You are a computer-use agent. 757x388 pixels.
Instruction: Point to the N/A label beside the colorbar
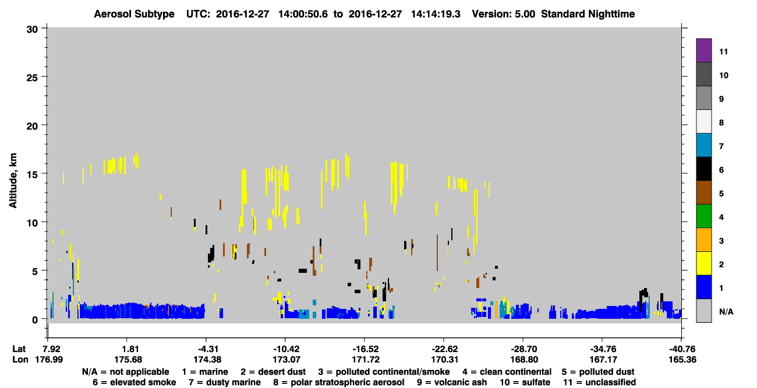[x=726, y=312]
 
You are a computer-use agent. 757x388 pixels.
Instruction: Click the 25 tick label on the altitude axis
[x=32, y=78]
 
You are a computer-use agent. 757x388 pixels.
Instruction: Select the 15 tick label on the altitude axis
[x=32, y=175]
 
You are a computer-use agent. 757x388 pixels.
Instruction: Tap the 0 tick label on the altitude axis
[x=35, y=320]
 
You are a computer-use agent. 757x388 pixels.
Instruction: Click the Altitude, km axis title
[x=13, y=181]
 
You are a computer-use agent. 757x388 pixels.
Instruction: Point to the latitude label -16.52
[x=365, y=349]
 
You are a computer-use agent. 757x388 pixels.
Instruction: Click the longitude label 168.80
[x=524, y=359]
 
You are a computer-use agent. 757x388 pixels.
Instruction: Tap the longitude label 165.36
[x=682, y=359]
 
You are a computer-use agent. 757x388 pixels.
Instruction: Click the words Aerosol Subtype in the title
[x=134, y=14]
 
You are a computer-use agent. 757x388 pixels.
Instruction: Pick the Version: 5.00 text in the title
[x=504, y=14]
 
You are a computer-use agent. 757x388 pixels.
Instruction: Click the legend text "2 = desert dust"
[x=273, y=372]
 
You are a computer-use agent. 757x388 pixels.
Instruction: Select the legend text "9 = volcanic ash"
[x=452, y=382]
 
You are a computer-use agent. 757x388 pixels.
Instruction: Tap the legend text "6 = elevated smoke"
[x=135, y=382]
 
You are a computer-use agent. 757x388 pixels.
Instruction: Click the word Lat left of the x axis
[x=19, y=349]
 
